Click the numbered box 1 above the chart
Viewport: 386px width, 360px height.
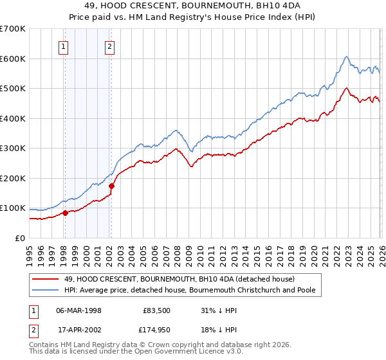64,46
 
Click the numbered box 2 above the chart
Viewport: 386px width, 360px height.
110,46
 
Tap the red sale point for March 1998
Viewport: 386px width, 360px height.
65,213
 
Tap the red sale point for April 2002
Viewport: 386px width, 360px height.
111,186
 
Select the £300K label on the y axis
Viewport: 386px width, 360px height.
13,148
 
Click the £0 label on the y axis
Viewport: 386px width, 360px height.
19,239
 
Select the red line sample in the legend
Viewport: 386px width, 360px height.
46,279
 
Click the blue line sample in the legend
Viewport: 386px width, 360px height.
46,291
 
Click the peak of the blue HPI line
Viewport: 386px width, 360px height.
346,56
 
